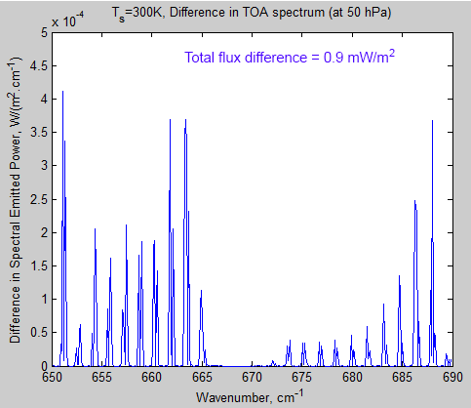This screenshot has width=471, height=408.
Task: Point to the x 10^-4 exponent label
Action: click(69, 20)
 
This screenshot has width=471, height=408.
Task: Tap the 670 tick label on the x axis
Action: click(252, 376)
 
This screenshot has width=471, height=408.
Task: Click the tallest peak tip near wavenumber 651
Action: click(63, 92)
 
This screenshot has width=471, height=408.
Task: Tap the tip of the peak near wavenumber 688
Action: click(432, 121)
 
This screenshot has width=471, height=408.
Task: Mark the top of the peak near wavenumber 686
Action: click(414, 201)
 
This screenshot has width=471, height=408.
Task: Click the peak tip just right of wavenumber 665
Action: click(202, 290)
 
